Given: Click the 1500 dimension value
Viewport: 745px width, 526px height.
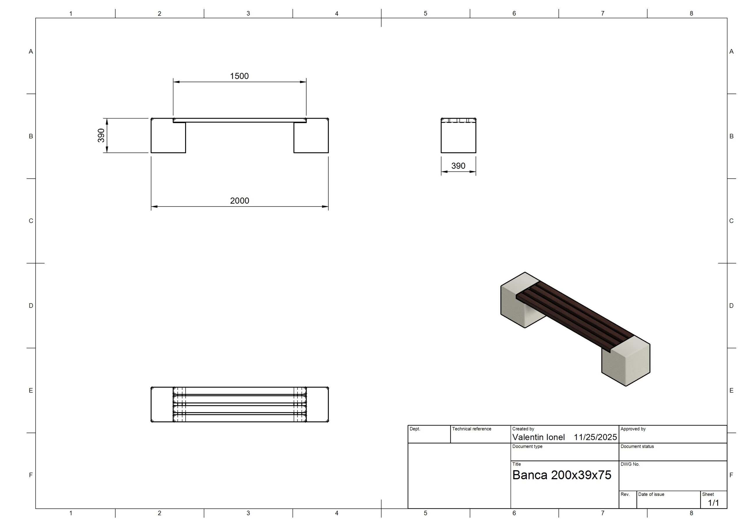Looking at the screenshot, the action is click(x=239, y=76).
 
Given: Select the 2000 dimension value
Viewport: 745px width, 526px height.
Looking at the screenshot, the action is click(x=240, y=201).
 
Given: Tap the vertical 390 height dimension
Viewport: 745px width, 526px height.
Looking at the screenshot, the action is click(x=101, y=135).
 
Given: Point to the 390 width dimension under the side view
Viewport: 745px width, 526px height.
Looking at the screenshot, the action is click(x=458, y=166).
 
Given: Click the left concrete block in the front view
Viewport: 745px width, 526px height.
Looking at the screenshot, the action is click(x=168, y=135).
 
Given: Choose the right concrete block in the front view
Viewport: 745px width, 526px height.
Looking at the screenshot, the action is click(x=311, y=135).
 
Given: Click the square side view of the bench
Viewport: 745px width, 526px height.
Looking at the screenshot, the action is click(x=458, y=135).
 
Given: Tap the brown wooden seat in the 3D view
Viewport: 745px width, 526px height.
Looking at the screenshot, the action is click(x=575, y=316).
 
